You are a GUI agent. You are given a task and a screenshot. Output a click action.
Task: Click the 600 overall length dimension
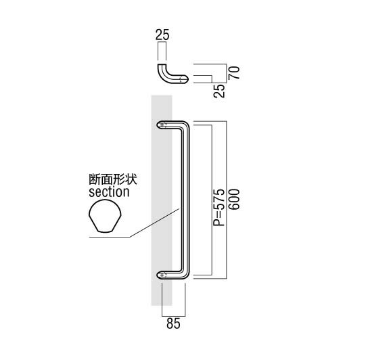[234, 199]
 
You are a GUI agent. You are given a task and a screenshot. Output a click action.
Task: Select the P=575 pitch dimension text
[219, 207]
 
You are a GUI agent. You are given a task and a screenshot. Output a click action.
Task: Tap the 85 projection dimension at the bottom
[173, 323]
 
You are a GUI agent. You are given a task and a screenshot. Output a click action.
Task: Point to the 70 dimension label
[234, 72]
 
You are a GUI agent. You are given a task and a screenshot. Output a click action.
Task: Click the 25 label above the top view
[162, 35]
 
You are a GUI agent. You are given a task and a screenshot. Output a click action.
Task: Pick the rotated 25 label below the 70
[219, 91]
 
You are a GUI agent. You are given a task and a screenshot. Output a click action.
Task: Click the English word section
[109, 192]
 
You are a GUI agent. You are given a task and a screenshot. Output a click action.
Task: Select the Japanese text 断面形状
[113, 179]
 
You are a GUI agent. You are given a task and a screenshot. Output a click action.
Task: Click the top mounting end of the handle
[162, 125]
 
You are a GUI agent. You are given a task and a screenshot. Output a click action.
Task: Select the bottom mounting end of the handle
[162, 274]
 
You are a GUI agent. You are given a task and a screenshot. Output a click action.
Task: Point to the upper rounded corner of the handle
[185, 125]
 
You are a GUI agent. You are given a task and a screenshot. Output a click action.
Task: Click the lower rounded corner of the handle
[185, 275]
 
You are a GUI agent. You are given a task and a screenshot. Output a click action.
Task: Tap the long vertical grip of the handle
[185, 200]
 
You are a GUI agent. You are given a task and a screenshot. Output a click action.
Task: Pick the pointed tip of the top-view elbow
[188, 78]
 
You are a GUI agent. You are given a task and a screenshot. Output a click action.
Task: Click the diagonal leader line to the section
[155, 223]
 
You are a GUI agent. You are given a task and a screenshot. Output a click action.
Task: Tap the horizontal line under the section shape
[110, 237]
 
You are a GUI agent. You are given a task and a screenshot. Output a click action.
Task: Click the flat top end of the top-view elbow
[162, 64]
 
